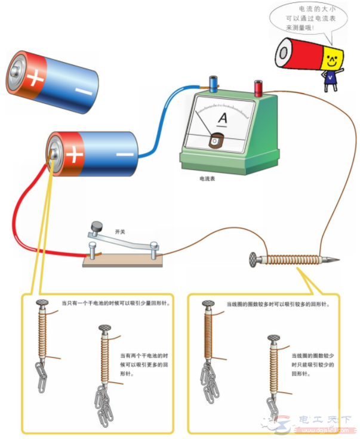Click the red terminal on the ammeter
tap(259, 88)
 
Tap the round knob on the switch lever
tap(96, 226)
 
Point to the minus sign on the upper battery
tap(82, 91)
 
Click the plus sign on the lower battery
tap(74, 154)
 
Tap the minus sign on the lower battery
tap(124, 154)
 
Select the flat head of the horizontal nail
tap(253, 259)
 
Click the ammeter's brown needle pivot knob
tap(216, 141)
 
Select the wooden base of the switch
tap(123, 260)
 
